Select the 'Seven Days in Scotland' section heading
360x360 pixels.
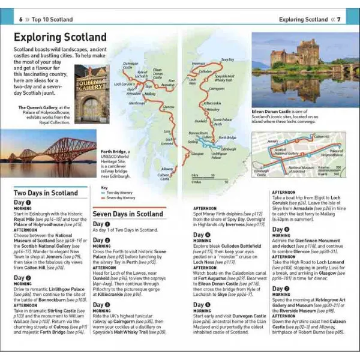pyautogui.click(x=128, y=213)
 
